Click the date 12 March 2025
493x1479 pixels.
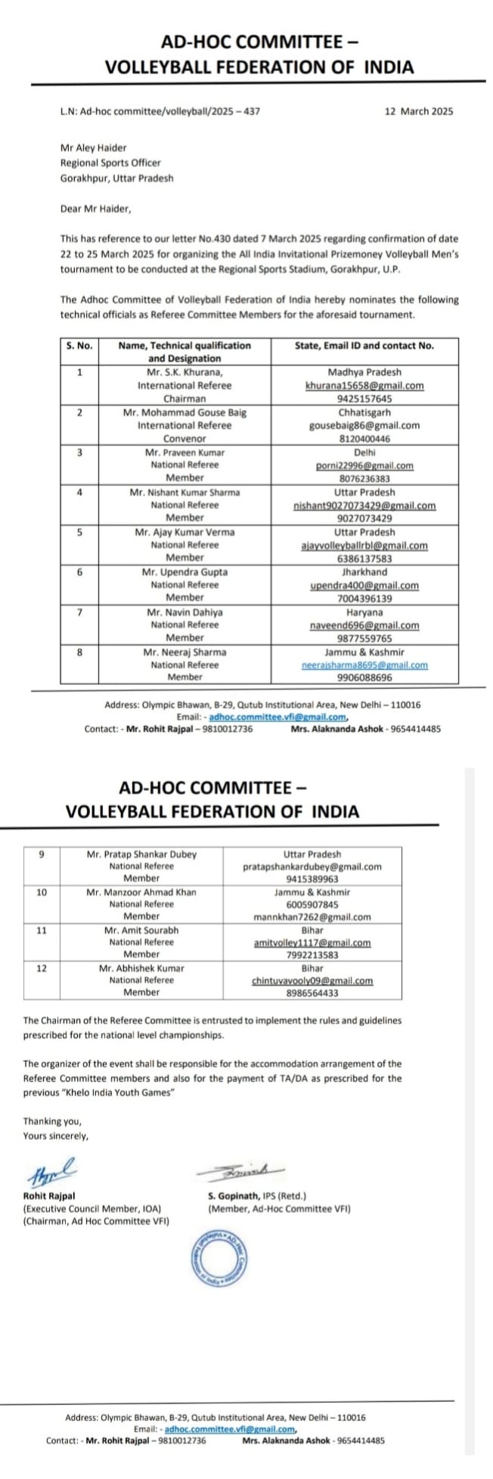pos(419,111)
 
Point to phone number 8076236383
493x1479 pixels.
pos(364,479)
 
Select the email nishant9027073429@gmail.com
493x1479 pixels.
pos(364,506)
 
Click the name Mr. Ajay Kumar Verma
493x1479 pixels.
pos(184,532)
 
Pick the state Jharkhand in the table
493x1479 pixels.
pos(364,572)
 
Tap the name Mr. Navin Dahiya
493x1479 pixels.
pos(184,612)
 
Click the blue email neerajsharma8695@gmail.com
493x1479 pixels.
pos(364,665)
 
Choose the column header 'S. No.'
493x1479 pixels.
pos(79,346)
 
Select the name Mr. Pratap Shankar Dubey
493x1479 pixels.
pos(141,854)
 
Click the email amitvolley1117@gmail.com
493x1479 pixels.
pos(312,943)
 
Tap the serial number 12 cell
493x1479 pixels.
pos(42,968)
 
